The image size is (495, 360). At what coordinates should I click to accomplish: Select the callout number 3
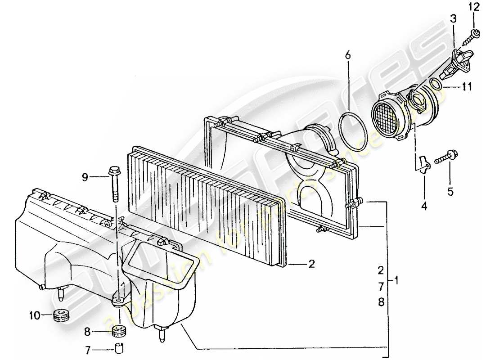[x=453, y=19]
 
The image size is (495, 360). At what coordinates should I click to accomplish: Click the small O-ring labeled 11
[x=436, y=84]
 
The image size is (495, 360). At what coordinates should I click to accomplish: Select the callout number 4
[x=423, y=207]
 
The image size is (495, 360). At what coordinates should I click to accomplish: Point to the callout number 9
[x=85, y=177]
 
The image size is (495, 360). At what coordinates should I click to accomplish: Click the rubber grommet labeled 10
[x=60, y=315]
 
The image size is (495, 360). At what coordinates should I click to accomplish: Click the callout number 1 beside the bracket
[x=396, y=280]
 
